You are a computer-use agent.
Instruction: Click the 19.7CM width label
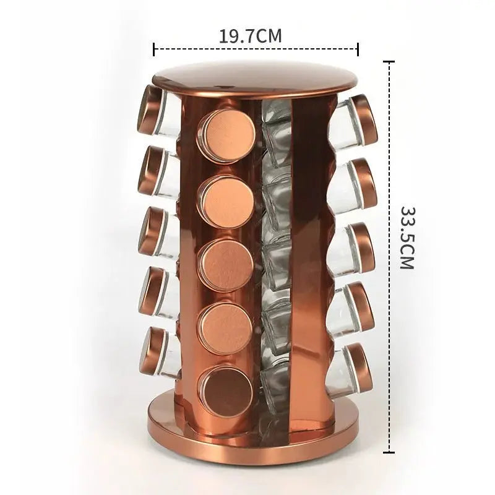coord(250,36)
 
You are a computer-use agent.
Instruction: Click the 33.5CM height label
coord(407,238)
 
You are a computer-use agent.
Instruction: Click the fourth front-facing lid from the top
coord(225,327)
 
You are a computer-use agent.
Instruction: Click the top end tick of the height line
coord(389,62)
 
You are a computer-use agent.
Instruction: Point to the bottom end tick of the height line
coord(389,452)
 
